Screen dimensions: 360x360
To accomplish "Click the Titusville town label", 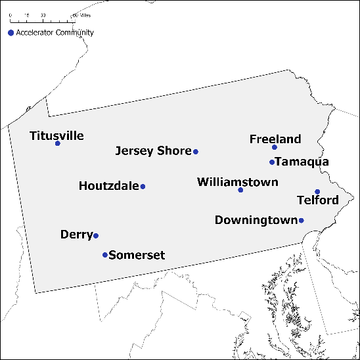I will pos(56,136).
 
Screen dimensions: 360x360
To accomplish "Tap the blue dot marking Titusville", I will pos(58,143).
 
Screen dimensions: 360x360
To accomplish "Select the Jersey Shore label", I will pos(153,151).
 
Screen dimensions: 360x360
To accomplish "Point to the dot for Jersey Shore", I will pos(196,152).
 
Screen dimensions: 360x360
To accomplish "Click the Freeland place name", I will pos(275,139).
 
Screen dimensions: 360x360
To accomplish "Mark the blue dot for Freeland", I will pos(275,147).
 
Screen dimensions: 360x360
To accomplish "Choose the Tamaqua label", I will pos(303,162).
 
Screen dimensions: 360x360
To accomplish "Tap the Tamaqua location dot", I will pos(272,162).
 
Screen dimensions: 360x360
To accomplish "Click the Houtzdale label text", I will pos(109,186).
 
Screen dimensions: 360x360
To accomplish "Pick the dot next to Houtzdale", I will pos(143,187).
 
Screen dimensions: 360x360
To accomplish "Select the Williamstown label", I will pos(238,182).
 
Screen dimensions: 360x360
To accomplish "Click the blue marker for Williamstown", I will pos(240,190).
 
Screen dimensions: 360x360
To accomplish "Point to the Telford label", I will pos(318,200).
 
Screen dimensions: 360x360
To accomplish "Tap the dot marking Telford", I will pos(317,192).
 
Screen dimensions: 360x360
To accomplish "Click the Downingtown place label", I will pos(256,220).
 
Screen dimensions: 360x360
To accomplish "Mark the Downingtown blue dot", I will pos(302,220).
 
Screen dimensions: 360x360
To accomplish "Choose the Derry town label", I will pos(76,235).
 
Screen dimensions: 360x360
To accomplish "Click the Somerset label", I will pos(137,255).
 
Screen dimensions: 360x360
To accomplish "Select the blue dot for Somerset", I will pos(105,255).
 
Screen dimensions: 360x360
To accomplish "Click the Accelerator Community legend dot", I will pos(11,33).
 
